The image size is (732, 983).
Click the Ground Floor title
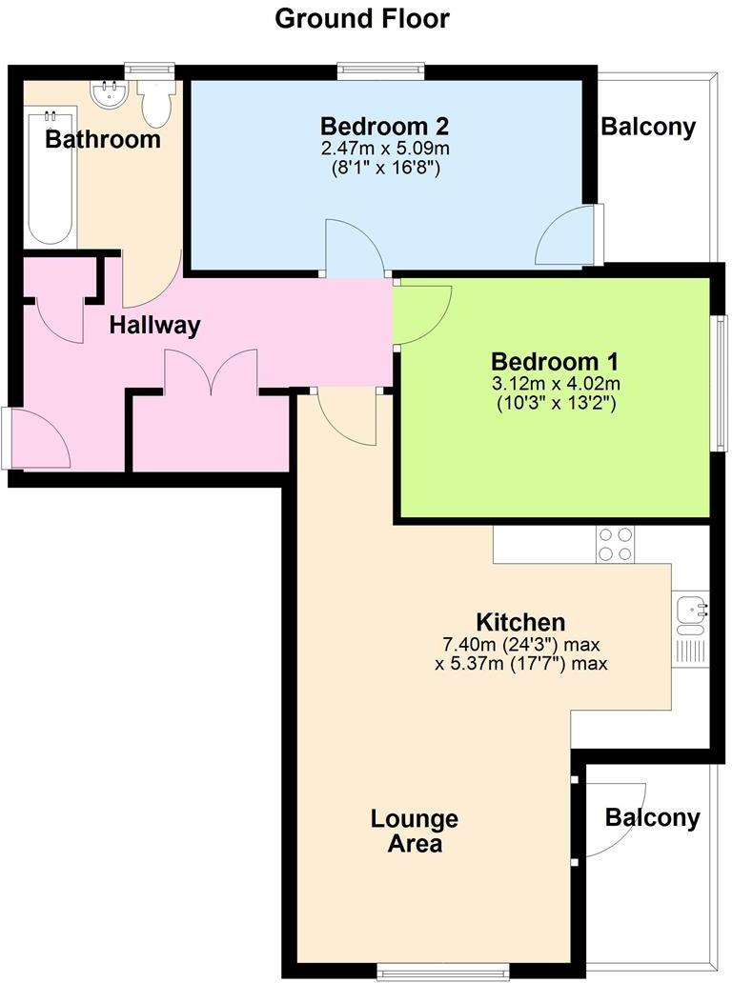(x=362, y=18)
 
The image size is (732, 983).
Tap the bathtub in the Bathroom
(x=51, y=182)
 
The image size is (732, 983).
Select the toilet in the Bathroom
(x=154, y=101)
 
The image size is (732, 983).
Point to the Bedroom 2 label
(x=384, y=126)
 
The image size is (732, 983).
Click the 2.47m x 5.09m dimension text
(x=385, y=149)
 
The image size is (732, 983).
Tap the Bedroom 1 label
(x=555, y=362)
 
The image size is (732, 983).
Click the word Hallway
(x=154, y=326)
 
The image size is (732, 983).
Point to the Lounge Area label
(x=415, y=831)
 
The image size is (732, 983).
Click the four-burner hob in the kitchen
(x=615, y=543)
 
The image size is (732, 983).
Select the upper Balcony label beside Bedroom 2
(x=648, y=127)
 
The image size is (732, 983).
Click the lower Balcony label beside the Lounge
(x=652, y=817)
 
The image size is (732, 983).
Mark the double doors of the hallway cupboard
(x=211, y=371)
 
